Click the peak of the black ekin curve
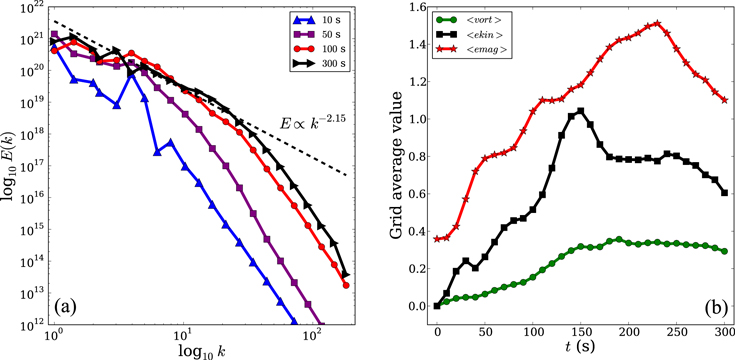coord(580,110)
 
